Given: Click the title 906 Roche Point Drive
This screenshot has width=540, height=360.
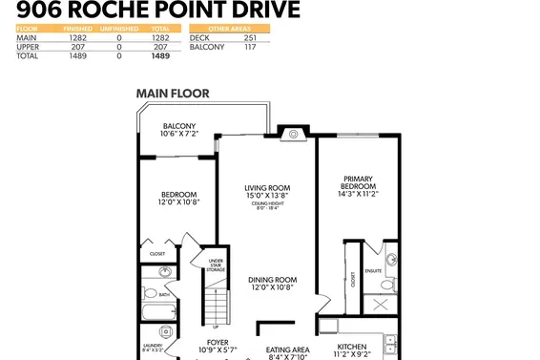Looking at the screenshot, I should tap(156, 11).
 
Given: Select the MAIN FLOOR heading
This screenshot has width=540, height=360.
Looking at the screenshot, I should tap(173, 94).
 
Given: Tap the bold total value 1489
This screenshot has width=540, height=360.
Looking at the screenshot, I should tap(160, 56).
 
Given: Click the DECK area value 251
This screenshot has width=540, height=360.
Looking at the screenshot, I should tap(250, 37).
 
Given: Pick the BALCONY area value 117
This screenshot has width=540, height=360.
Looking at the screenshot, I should tap(250, 47).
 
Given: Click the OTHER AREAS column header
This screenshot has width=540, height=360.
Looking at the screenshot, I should tap(229, 29).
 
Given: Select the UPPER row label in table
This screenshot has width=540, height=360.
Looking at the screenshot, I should tap(26, 47).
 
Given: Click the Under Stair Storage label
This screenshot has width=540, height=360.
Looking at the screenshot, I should tap(216, 265).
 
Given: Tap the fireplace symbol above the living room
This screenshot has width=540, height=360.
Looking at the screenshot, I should tap(294, 134).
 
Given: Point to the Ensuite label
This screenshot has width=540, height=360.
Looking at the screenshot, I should tap(373, 270).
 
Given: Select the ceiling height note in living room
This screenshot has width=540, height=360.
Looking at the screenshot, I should tap(267, 206).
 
